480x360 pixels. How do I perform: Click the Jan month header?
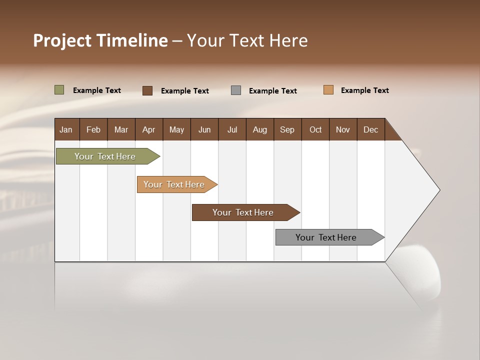pyautogui.click(x=66, y=129)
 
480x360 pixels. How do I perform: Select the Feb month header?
pyautogui.click(x=93, y=129)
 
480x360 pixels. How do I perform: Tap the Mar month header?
pyautogui.click(x=121, y=129)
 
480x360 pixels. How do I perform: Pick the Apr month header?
pyautogui.click(x=149, y=129)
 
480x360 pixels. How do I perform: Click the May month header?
pyautogui.click(x=176, y=129)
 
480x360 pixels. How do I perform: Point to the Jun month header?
pyautogui.click(x=204, y=129)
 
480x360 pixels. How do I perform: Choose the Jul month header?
pyautogui.click(x=232, y=129)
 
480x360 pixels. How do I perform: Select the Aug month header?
pyautogui.click(x=260, y=129)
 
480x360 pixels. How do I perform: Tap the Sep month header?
pyautogui.click(x=287, y=129)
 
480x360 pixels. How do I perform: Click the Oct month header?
pyautogui.click(x=315, y=129)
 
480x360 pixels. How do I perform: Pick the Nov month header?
pyautogui.click(x=343, y=129)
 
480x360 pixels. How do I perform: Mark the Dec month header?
pyautogui.click(x=371, y=129)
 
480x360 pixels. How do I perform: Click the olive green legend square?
pyautogui.click(x=59, y=90)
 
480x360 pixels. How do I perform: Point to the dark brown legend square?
pyautogui.click(x=147, y=90)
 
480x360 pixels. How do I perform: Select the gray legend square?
pyautogui.click(x=236, y=90)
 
